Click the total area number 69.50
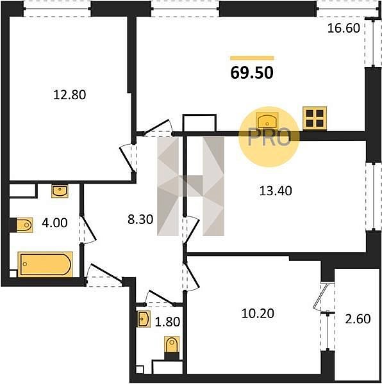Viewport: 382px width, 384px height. tap(252, 73)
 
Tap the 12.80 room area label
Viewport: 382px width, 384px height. tap(70, 95)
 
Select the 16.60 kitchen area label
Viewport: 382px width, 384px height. tap(344, 28)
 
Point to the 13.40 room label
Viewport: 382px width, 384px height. tap(276, 191)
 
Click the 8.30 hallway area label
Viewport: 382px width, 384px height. tap(140, 219)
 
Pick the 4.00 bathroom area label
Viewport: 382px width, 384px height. tap(54, 223)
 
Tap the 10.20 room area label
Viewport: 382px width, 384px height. tap(258, 313)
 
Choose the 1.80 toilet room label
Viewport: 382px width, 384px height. tap(168, 321)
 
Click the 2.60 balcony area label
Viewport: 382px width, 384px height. tap(358, 319)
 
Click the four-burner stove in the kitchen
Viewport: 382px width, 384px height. tap(315, 118)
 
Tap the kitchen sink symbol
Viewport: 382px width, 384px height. tap(267, 121)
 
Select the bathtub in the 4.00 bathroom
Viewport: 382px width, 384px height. tap(45, 264)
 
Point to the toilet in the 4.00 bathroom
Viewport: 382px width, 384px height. tap(24, 225)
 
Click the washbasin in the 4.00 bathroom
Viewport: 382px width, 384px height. tap(60, 191)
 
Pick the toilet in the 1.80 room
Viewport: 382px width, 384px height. tap(172, 344)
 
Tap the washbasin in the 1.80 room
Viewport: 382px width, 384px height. tap(144, 319)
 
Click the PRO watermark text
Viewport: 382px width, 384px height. tap(269, 138)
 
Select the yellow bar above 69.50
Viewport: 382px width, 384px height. tap(252, 58)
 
